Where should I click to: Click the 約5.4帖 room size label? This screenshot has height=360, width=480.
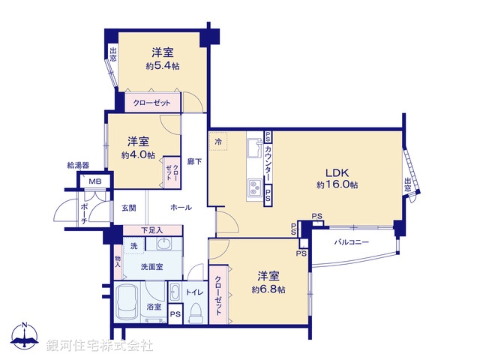[x=163, y=66]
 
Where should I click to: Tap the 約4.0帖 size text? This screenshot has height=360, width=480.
[x=137, y=155]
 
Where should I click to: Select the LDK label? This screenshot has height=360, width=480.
[x=336, y=170]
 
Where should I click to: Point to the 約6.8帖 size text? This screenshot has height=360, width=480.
[x=268, y=289]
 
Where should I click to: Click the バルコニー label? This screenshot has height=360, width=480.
[x=352, y=242]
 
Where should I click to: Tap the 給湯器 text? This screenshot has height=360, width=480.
[x=78, y=164]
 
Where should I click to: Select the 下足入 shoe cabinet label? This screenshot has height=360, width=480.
[x=152, y=230]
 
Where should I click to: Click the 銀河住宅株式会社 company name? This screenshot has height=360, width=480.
[x=100, y=346]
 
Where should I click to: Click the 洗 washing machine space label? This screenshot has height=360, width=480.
[x=133, y=246]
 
